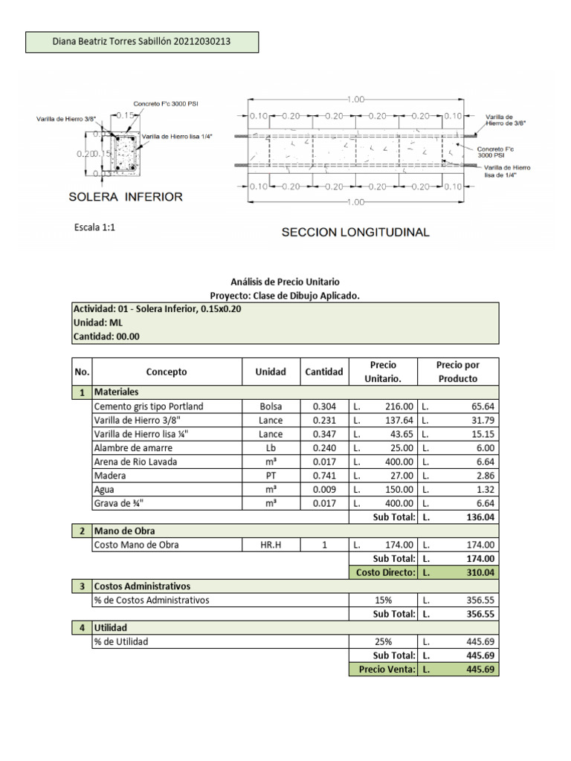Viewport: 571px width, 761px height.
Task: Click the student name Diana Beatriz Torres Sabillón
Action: pos(112,42)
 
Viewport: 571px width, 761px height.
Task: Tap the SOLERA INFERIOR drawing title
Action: pos(125,197)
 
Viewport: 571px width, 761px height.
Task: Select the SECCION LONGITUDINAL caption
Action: pos(355,233)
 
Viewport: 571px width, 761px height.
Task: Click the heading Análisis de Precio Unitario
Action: pos(285,282)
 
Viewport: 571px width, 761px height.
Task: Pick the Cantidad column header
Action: pos(324,372)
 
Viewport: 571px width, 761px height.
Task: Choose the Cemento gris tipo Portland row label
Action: pos(149,407)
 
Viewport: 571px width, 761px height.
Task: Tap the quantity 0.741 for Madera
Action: pos(324,475)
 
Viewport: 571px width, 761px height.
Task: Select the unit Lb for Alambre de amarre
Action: pos(270,447)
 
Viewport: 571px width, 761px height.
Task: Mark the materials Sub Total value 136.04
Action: pos(480,516)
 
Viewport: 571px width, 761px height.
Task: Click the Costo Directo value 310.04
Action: pos(480,572)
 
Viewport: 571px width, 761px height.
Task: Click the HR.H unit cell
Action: pos(270,545)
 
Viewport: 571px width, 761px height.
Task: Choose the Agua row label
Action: pos(105,489)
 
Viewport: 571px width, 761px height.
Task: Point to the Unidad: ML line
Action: pos(97,323)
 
